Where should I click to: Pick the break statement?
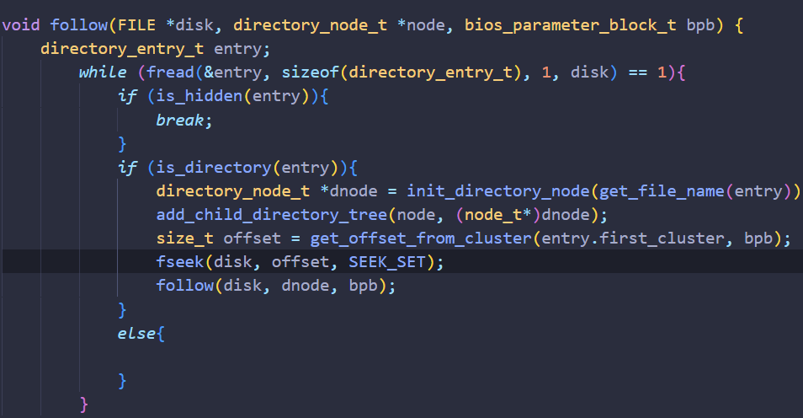[x=179, y=120]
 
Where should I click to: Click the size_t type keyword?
[x=179, y=238]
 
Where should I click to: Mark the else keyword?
[x=136, y=334]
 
